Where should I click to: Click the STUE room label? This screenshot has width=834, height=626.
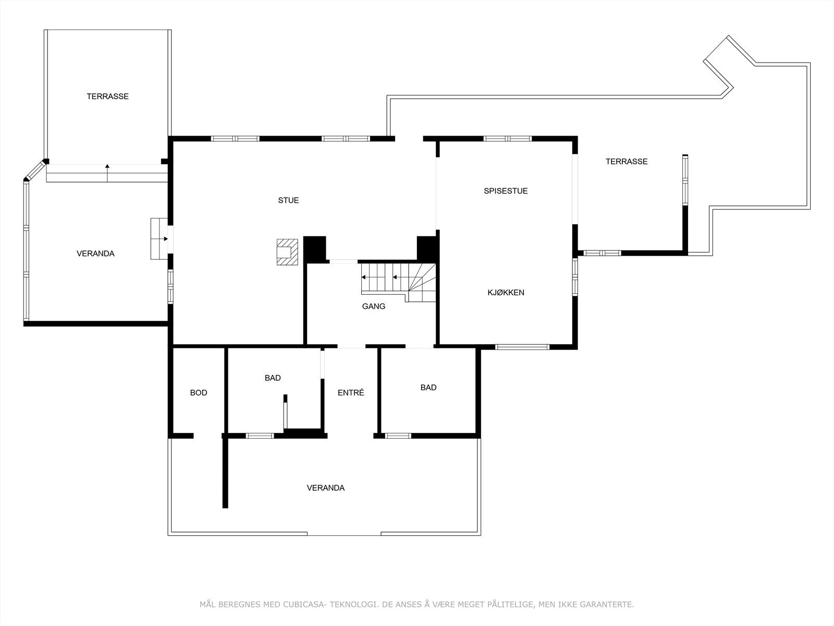pyautogui.click(x=288, y=200)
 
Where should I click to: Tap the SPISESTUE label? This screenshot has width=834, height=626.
pyautogui.click(x=505, y=191)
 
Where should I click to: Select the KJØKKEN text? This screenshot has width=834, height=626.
pyautogui.click(x=506, y=293)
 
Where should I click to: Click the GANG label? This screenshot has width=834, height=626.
pyautogui.click(x=373, y=306)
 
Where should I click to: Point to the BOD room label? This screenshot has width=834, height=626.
pyautogui.click(x=198, y=393)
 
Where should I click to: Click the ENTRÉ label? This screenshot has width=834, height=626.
pyautogui.click(x=351, y=393)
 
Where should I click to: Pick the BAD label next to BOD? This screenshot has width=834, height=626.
pyautogui.click(x=273, y=378)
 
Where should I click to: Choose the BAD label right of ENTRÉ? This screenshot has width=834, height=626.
pyautogui.click(x=428, y=388)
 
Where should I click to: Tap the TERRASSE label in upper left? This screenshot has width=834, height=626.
pyautogui.click(x=107, y=97)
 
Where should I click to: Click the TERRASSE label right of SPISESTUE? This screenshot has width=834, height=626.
pyautogui.click(x=626, y=162)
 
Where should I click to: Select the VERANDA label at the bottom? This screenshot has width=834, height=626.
pyautogui.click(x=325, y=488)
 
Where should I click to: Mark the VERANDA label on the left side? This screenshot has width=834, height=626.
pyautogui.click(x=95, y=254)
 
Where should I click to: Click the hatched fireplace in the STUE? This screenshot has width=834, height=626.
pyautogui.click(x=287, y=252)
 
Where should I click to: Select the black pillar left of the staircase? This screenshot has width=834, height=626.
pyautogui.click(x=314, y=248)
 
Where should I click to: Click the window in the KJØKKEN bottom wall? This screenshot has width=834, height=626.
pyautogui.click(x=522, y=347)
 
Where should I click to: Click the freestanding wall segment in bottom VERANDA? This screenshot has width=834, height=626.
pyautogui.click(x=225, y=473)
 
